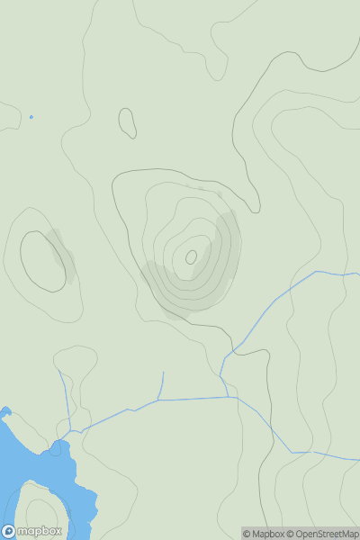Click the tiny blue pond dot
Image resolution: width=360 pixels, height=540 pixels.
click(31, 116)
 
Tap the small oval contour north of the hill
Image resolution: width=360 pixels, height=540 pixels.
click(127, 123)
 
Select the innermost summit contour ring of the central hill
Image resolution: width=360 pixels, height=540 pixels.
click(191, 257)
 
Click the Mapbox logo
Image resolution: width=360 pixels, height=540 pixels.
click(32, 530)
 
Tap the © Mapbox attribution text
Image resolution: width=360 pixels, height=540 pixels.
click(262, 534)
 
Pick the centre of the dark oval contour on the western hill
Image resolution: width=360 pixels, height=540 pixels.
click(43, 261)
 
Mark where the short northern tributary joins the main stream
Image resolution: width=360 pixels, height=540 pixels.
click(159, 400)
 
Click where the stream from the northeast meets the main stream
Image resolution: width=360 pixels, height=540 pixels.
click(225, 397)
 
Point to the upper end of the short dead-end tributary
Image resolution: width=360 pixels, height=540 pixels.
click(163, 372)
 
